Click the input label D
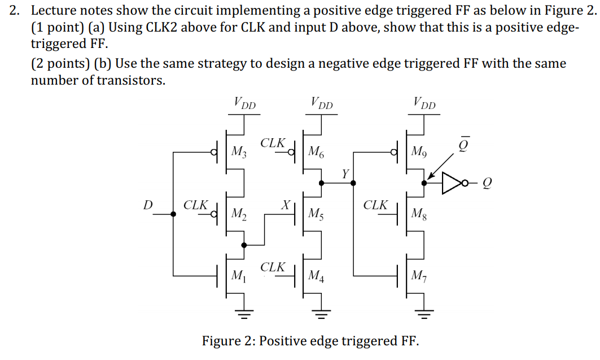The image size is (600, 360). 148,204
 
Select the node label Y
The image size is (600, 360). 345,173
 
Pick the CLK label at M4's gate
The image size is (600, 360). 273,266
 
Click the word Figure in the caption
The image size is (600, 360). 223,341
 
